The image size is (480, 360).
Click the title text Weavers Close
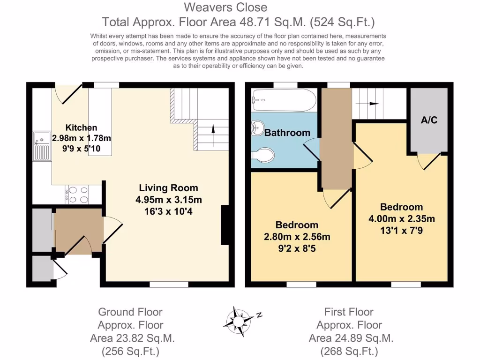pyautogui.click(x=225, y=7)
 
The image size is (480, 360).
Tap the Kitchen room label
pyautogui.click(x=81, y=127)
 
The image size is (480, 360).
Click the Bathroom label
pyautogui.click(x=287, y=133)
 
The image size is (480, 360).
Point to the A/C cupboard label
pyautogui.click(x=428, y=120)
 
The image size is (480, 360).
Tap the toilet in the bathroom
pyautogui.click(x=262, y=155)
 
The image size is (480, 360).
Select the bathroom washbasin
pyautogui.click(x=257, y=127)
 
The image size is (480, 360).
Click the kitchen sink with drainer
pyautogui.click(x=41, y=145)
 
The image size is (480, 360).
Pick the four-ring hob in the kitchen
pyautogui.click(x=77, y=195)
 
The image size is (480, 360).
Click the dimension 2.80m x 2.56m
pyautogui.click(x=297, y=237)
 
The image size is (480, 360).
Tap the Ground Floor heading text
pyautogui.click(x=130, y=312)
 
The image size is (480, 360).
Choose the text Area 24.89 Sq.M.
pyautogui.click(x=351, y=338)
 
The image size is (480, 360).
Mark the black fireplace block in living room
pyautogui.click(x=225, y=225)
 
